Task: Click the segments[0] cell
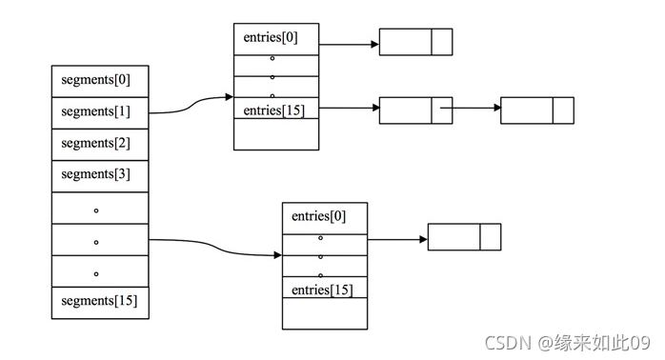[100, 80]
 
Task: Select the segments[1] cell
[100, 111]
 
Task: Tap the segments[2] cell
[100, 144]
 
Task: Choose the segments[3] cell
[100, 175]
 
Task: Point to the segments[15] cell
[100, 302]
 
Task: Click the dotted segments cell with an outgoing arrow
[100, 239]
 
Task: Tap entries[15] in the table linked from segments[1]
[276, 110]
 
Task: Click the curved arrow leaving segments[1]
[191, 106]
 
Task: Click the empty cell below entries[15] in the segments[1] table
[276, 134]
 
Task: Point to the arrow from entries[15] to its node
[349, 109]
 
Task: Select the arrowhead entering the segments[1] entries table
[229, 97]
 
